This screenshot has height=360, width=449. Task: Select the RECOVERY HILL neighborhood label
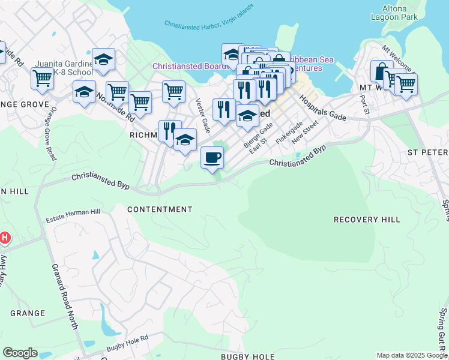coord(366,220)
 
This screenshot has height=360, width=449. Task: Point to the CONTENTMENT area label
coord(160,209)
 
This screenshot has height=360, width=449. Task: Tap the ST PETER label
coord(427,152)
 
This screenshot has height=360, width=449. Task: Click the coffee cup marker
coord(212,158)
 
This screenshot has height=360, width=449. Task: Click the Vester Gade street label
coord(202,115)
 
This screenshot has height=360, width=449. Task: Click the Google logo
coord(20,353)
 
